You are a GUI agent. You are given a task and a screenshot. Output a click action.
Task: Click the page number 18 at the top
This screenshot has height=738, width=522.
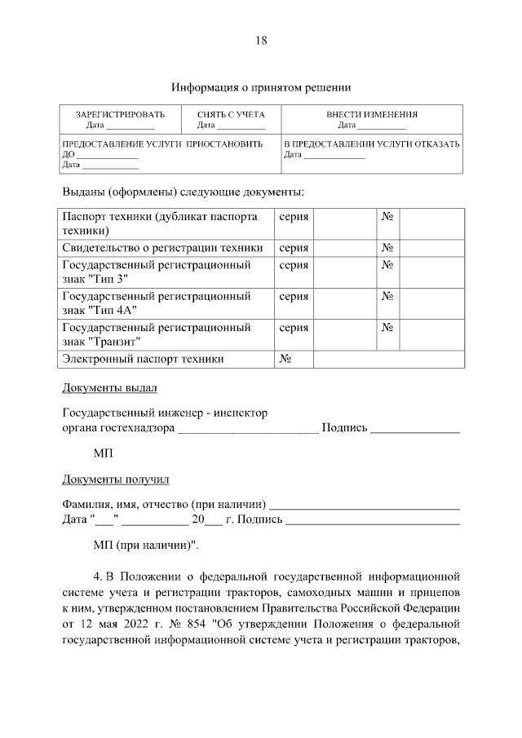click(260, 40)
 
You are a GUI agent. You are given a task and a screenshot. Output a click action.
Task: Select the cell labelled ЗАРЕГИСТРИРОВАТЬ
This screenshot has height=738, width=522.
click(120, 115)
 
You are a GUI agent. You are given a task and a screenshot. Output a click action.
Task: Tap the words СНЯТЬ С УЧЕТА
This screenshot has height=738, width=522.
click(231, 115)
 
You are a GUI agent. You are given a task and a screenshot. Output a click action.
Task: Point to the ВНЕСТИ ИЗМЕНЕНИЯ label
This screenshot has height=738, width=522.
click(372, 115)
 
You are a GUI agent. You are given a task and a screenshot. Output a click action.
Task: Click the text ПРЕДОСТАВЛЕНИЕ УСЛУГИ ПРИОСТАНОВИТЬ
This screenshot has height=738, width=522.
click(163, 144)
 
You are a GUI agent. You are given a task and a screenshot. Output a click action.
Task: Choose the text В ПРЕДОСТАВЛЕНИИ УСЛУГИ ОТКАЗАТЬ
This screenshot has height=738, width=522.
click(372, 144)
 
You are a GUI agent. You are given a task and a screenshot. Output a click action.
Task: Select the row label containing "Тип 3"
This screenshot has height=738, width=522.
click(156, 272)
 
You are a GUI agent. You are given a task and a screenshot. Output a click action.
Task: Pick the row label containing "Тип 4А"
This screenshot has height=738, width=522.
click(156, 303)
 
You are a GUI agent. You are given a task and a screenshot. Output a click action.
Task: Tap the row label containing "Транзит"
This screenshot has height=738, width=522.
click(156, 334)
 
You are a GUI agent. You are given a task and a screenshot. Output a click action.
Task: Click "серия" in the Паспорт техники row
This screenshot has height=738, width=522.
click(294, 217)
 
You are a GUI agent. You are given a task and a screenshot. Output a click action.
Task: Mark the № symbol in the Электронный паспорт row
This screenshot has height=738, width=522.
click(285, 359)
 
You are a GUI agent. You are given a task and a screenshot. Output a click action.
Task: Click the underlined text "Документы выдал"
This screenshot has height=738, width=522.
click(109, 387)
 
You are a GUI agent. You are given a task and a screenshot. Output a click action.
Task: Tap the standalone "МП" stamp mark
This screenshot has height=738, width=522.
click(104, 453)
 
